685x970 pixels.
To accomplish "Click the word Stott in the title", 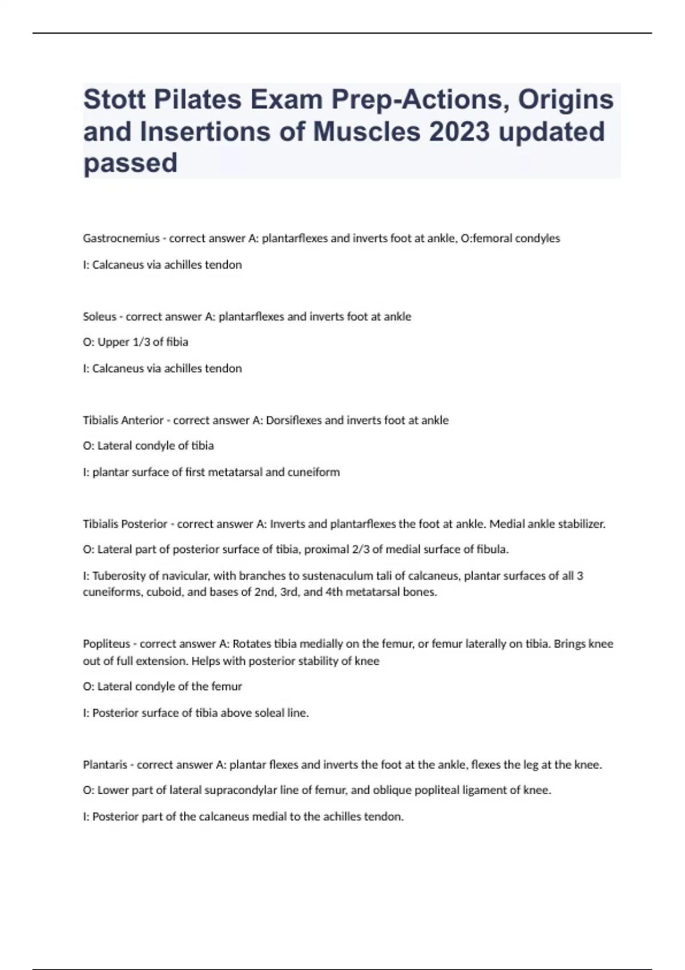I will pos(113,99).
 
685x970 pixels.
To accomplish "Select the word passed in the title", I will pos(130,163).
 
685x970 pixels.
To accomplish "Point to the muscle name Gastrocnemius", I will pos(121,239).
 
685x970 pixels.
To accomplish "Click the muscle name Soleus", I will pos(99,317).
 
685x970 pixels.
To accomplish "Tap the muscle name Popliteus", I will pos(106,644).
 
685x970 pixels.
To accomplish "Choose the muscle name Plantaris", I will pos(105,765).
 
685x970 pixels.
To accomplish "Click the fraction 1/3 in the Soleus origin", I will pos(140,342).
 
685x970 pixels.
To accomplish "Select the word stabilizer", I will pos(581,524).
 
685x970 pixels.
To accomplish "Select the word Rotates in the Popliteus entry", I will pos(252,644).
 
